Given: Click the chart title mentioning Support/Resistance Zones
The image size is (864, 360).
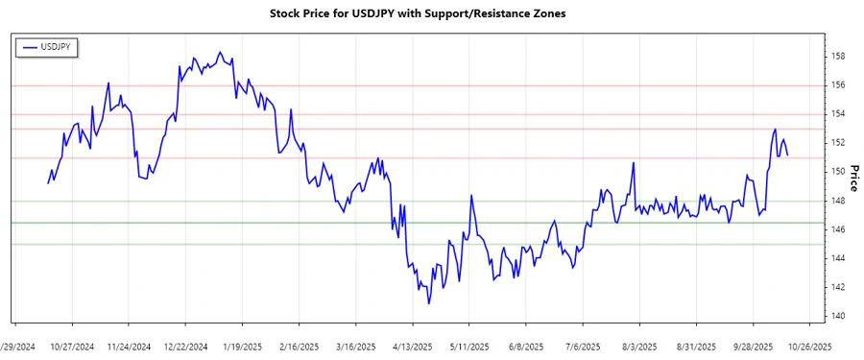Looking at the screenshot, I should [431, 13].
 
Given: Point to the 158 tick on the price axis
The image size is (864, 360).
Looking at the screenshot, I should [838, 57].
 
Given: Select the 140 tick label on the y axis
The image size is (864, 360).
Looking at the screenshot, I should [838, 316].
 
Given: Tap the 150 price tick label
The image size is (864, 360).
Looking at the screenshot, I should [838, 172].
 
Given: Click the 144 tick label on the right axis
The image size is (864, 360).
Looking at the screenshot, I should [838, 258].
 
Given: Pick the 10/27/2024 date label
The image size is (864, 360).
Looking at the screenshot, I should [72, 346].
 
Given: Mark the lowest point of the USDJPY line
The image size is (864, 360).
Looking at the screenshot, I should [429, 304].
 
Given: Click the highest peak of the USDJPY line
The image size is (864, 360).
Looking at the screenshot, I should [220, 52].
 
